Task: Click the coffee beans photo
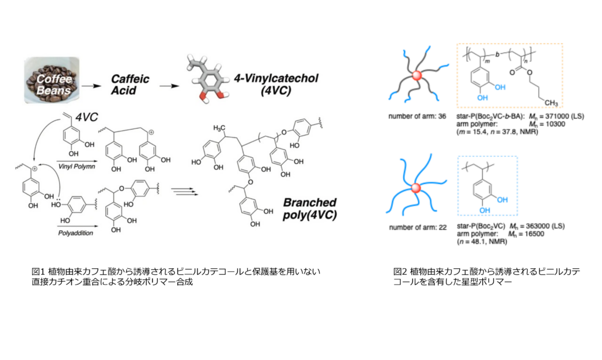[x=52, y=80]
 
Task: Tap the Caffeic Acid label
[x=130, y=85]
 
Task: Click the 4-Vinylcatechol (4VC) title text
[x=276, y=84]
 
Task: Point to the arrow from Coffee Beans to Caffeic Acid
[x=91, y=86]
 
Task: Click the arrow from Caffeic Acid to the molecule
[x=169, y=86]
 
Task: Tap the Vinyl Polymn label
[x=77, y=167]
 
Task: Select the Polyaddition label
[x=75, y=233]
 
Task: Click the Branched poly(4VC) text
[x=310, y=209]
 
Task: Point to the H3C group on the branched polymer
[x=219, y=128]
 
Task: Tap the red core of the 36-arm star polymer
[x=417, y=75]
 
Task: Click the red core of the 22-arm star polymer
[x=416, y=188]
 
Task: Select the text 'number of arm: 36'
[x=417, y=116]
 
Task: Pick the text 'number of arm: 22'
[x=418, y=227]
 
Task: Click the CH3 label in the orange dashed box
[x=551, y=103]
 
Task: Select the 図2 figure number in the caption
[x=400, y=272]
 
